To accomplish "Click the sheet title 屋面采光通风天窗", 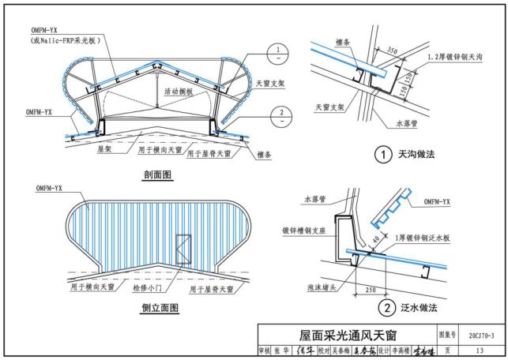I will tap(346, 335).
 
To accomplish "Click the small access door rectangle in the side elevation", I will tap(183, 250).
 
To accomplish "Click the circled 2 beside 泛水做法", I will tap(385, 307).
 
